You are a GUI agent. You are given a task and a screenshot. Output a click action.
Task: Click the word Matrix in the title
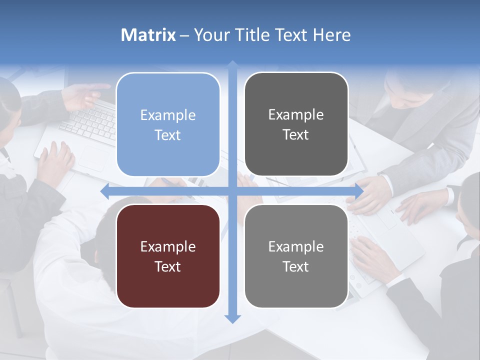148,35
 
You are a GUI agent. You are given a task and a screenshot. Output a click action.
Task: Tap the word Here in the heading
332,35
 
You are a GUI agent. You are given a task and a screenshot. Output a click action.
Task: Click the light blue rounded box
168,124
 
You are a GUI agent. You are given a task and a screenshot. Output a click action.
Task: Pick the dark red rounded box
168,256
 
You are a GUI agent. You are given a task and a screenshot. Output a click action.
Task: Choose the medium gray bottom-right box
296,256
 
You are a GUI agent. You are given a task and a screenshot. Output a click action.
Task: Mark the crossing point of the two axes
232,191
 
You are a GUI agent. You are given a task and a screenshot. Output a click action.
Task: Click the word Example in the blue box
168,115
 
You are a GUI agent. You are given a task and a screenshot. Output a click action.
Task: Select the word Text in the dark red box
168,266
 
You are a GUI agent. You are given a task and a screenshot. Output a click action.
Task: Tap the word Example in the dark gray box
296,115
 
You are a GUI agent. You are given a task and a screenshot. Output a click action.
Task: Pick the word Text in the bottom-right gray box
296,266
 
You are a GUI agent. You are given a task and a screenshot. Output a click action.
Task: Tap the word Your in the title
208,35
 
